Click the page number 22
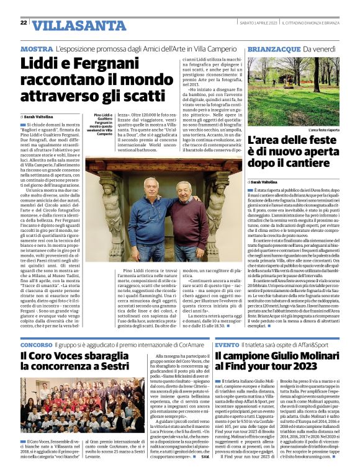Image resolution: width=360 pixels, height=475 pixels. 24,23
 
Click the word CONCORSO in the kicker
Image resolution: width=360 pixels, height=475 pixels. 36,344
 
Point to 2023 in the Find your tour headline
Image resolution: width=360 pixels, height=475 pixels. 315,370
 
